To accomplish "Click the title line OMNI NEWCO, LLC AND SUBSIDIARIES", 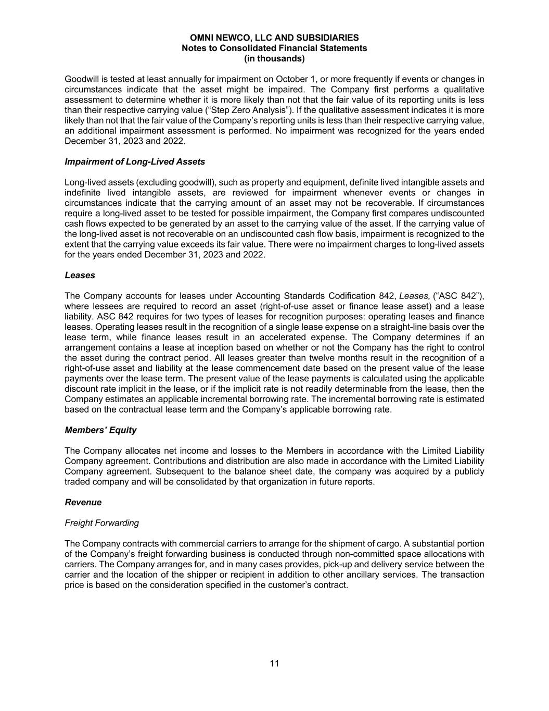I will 274,38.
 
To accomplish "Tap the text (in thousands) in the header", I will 274,58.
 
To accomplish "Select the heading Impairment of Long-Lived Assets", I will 135,161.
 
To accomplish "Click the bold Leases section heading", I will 80,275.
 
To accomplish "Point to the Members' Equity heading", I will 100,430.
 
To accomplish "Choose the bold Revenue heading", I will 83,502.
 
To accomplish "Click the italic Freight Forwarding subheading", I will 102,522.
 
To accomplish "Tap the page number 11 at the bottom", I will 274,663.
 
